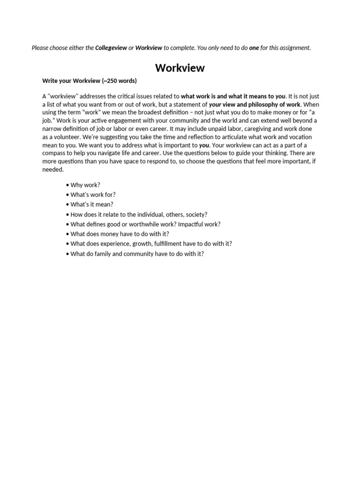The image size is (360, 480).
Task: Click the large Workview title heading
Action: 180,68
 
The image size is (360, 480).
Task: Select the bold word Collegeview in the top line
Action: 111,48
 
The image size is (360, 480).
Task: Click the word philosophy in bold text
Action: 262,104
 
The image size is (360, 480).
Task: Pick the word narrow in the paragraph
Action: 52,129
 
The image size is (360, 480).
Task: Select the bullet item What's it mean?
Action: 92,204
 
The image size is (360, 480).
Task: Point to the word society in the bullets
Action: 196,214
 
